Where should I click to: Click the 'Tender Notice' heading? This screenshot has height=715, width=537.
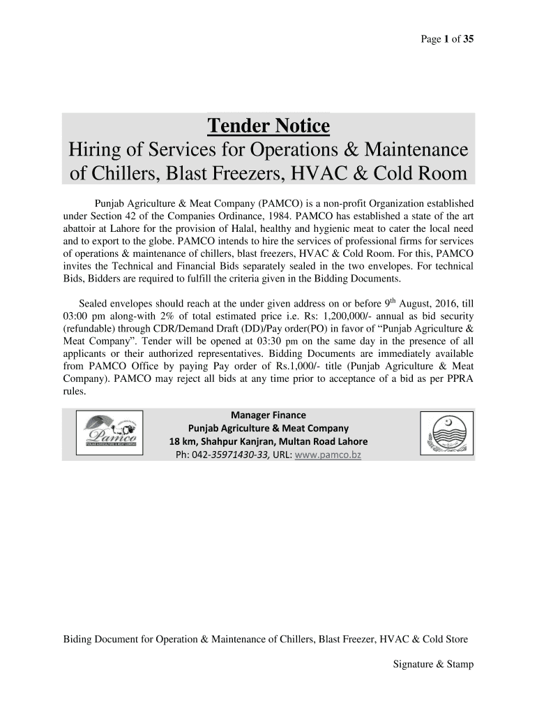pyautogui.click(x=268, y=127)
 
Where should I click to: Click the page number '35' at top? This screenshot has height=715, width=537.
pyautogui.click(x=467, y=39)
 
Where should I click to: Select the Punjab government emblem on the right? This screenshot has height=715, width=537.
pyautogui.click(x=446, y=434)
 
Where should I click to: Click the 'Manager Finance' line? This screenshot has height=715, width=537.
pyautogui.click(x=268, y=415)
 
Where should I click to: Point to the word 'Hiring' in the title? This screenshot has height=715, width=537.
pyautogui.click(x=93, y=149)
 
